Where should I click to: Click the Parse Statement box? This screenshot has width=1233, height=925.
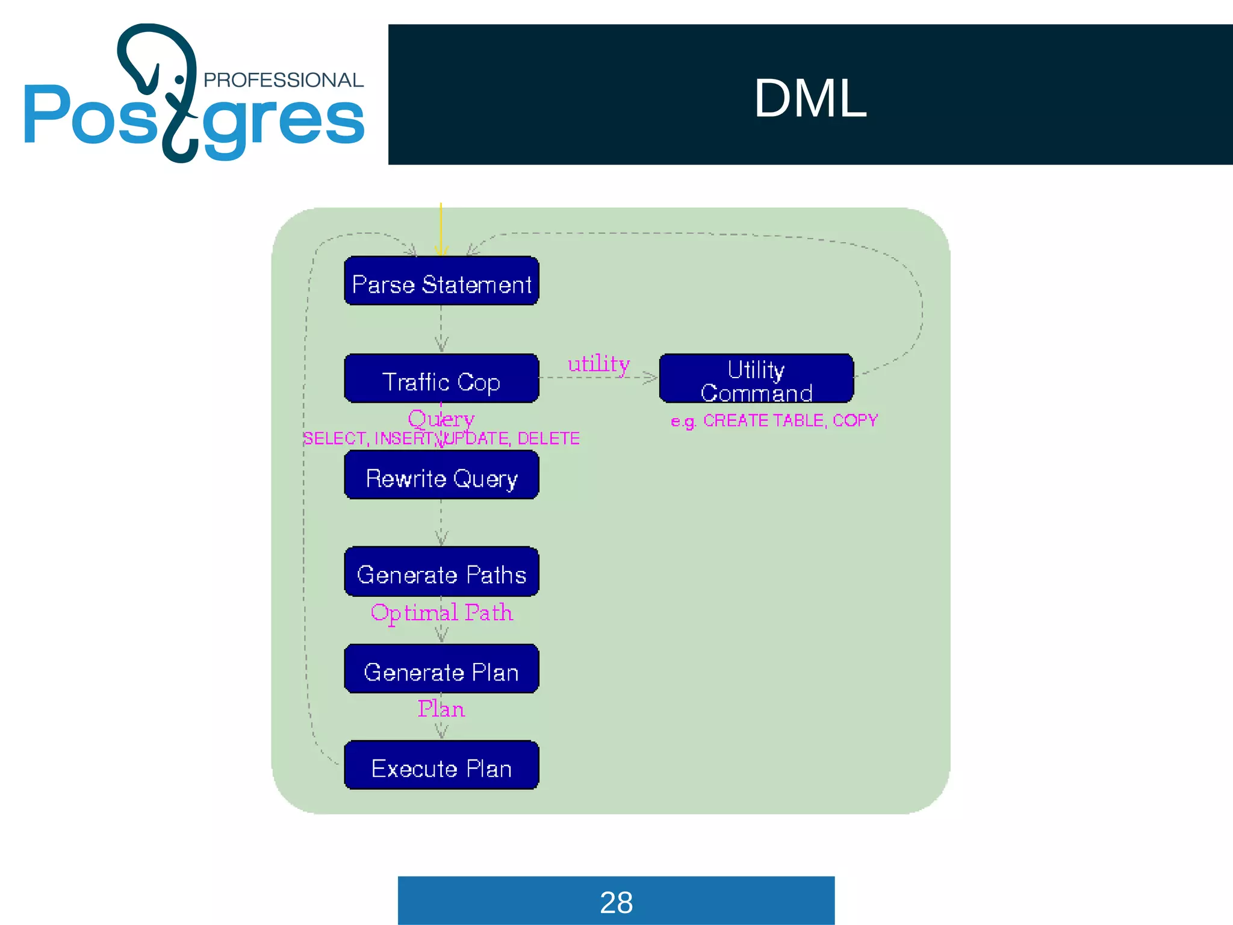click(x=441, y=281)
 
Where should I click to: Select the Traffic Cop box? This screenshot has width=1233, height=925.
click(x=441, y=379)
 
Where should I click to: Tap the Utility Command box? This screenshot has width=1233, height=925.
click(x=756, y=379)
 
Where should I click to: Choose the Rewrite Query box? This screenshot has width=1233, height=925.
click(x=441, y=476)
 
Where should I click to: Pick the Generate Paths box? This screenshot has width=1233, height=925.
click(x=441, y=572)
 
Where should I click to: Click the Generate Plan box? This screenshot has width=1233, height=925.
click(x=441, y=669)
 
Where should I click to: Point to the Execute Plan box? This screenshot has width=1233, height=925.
click(x=441, y=766)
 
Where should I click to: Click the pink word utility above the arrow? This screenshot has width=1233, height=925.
click(x=598, y=364)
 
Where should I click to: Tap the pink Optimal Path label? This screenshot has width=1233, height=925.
click(x=441, y=613)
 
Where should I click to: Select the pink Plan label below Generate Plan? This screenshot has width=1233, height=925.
click(x=441, y=709)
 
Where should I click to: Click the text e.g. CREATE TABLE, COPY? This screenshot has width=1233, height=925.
click(x=774, y=420)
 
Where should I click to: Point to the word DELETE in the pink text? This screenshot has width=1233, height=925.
click(x=548, y=438)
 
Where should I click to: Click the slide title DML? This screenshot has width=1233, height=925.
click(x=810, y=98)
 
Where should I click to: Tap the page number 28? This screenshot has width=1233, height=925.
click(x=616, y=902)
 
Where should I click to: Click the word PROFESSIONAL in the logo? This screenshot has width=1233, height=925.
click(x=283, y=80)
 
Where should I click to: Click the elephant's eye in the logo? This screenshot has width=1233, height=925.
click(x=179, y=79)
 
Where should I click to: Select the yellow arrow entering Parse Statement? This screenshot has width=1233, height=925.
click(x=441, y=229)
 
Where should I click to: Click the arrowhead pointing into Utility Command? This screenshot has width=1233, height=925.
click(x=651, y=378)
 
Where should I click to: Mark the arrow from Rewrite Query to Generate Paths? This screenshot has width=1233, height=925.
click(x=441, y=523)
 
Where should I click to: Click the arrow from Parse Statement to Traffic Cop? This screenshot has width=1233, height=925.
click(x=441, y=329)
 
